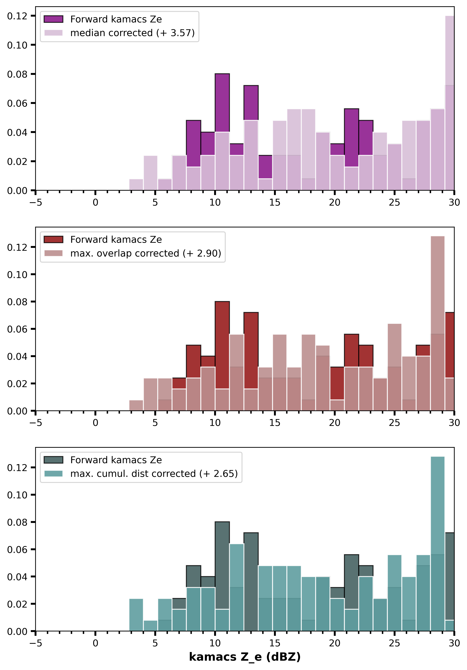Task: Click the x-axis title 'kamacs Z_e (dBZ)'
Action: [245, 657]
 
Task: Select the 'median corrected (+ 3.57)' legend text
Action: [132, 33]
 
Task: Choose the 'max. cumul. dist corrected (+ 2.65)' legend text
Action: [154, 474]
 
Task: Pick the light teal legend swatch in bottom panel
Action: [53, 474]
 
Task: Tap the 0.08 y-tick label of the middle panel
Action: [17, 302]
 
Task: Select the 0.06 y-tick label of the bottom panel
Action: [17, 549]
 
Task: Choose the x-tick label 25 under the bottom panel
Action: [394, 643]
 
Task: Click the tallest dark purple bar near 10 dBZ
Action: [222, 103]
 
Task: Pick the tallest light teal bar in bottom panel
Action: [438, 544]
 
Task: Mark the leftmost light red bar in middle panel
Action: [136, 405]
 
